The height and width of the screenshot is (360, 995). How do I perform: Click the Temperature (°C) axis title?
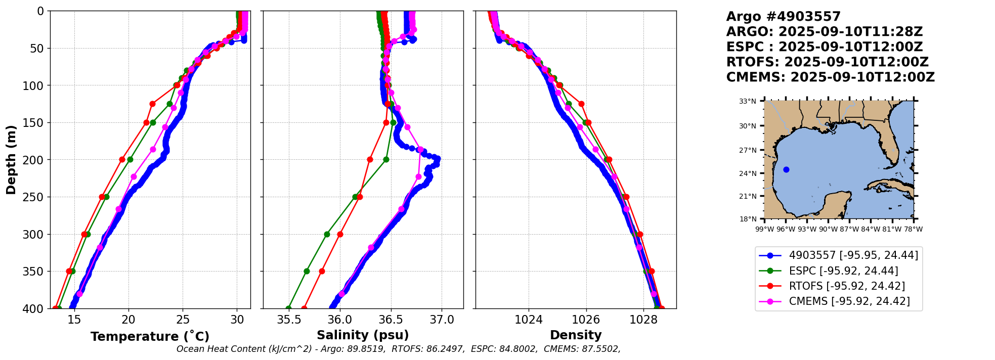coord(150,337)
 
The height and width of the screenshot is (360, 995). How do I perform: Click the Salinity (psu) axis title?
coord(363,335)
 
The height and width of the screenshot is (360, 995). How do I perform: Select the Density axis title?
coord(576,335)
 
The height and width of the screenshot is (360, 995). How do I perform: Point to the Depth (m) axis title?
coord(11,160)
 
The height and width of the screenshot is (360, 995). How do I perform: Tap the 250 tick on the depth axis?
coord(35,197)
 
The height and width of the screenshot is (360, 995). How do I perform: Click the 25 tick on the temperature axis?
coord(183,320)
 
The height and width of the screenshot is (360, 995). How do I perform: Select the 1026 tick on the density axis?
coord(586,320)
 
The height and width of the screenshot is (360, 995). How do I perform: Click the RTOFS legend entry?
coord(847,286)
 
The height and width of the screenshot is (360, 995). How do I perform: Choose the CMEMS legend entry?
coord(849,301)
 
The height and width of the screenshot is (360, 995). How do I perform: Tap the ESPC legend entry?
coord(843,271)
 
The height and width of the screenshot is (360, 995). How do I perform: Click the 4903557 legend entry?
coord(853,255)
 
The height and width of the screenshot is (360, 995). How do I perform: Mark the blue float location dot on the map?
coord(786,169)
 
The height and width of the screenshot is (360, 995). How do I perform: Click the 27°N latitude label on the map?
coord(748,150)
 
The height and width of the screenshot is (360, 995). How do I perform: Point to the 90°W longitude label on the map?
coord(828,229)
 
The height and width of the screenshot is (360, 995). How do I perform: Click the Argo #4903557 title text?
coord(783,17)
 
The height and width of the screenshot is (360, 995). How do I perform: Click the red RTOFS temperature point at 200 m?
coord(122,159)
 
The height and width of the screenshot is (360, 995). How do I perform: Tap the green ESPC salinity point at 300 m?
coord(327,234)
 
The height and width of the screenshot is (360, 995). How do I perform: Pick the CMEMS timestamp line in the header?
coord(830,77)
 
